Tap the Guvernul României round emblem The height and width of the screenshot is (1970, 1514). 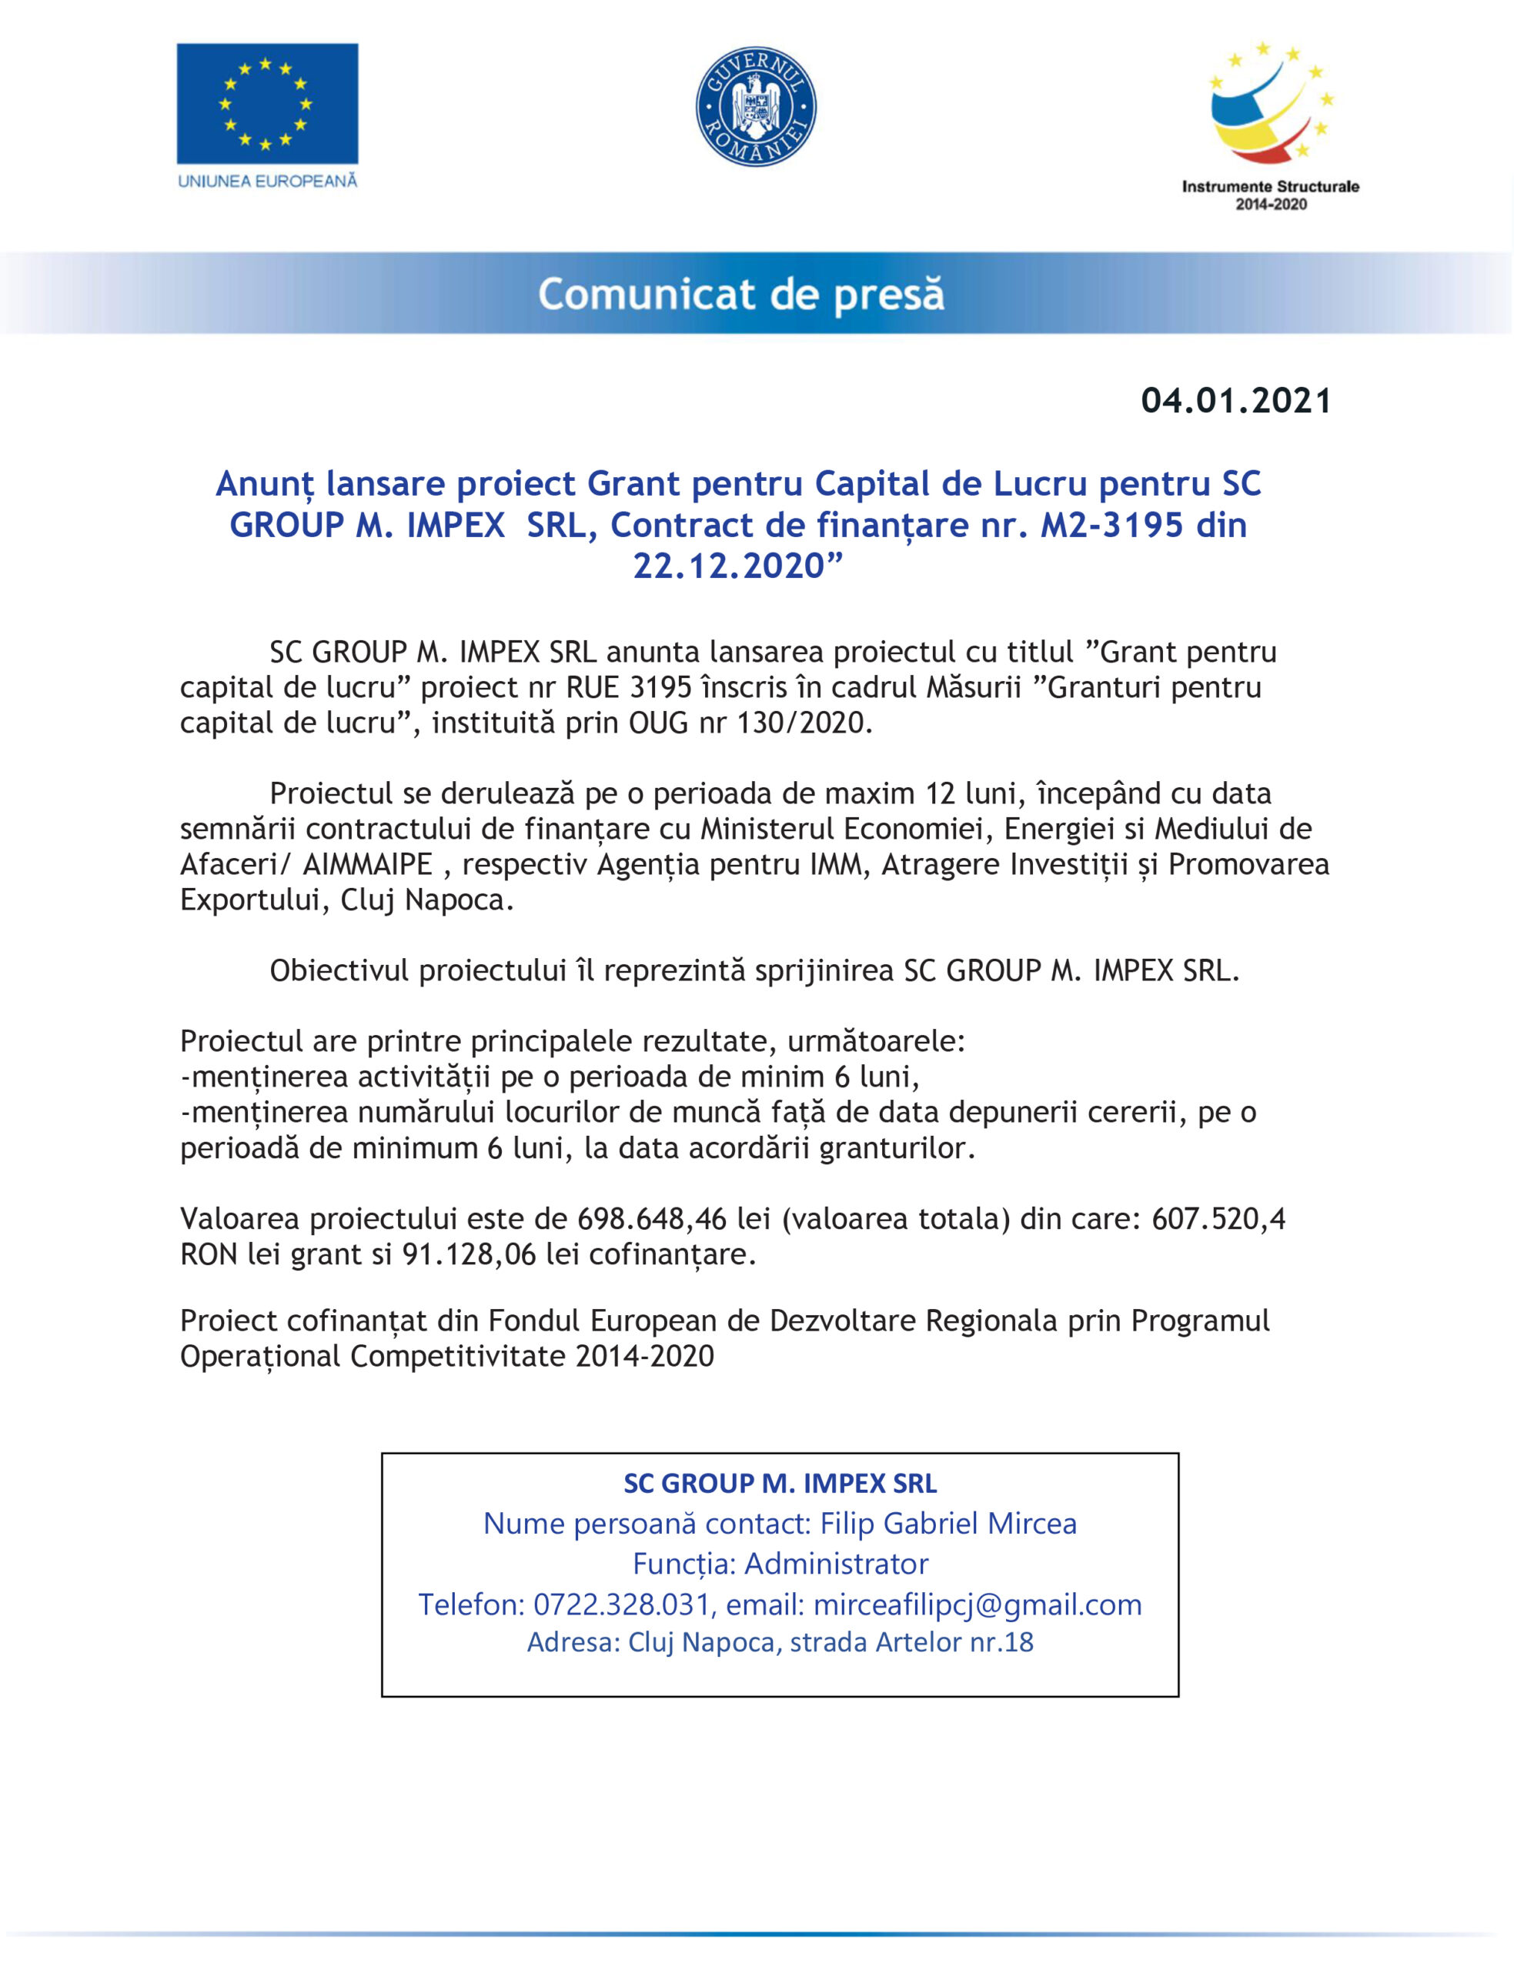tap(756, 106)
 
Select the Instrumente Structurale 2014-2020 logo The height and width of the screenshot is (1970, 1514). tap(1270, 126)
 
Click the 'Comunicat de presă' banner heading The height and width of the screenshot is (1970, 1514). tap(740, 295)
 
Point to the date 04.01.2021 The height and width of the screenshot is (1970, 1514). tap(1235, 401)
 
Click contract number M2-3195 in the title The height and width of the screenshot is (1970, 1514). tap(1111, 525)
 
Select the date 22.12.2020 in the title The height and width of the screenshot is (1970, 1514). tap(728, 566)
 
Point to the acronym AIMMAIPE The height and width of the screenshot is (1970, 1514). tap(368, 864)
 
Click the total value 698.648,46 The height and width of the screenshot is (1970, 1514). tap(652, 1219)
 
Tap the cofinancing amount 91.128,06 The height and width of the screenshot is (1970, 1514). tap(469, 1254)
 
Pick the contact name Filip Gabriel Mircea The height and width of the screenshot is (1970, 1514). tap(948, 1523)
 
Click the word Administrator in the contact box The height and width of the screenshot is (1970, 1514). tap(837, 1564)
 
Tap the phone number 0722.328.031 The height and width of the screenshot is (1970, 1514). tap(621, 1604)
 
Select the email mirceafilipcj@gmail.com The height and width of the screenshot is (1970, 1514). tap(977, 1604)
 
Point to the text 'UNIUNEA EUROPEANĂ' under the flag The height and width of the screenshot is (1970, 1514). tap(268, 181)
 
